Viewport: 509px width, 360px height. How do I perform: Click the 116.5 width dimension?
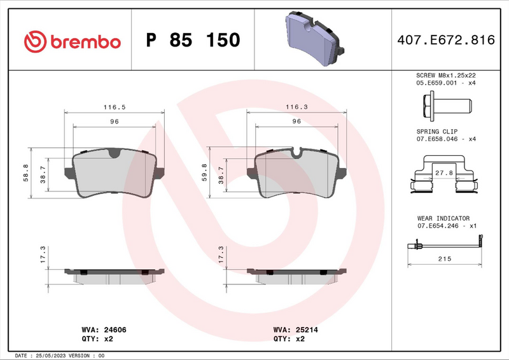(114, 107)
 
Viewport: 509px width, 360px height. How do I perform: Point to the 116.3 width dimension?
(296, 107)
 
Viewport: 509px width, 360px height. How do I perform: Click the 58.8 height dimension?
(25, 172)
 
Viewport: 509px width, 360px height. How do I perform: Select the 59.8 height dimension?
(204, 172)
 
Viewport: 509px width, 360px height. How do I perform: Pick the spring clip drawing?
(445, 177)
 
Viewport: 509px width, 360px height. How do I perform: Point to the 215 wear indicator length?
(445, 259)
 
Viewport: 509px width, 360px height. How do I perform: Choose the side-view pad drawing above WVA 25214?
(296, 273)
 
